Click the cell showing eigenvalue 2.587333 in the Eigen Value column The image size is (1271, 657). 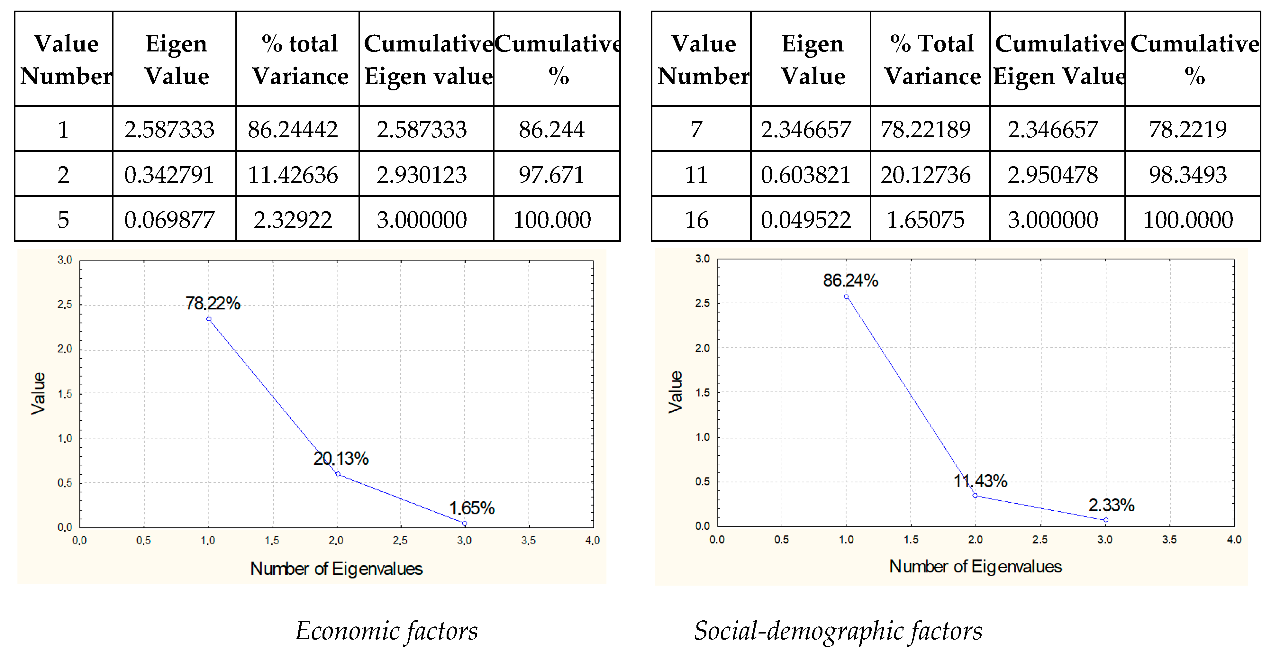(169, 129)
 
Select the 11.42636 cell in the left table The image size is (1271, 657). (293, 175)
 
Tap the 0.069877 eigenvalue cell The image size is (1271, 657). (169, 220)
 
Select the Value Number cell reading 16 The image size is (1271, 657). (696, 220)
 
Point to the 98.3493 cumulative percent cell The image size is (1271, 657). (1188, 175)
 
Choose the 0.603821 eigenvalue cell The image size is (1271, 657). (806, 175)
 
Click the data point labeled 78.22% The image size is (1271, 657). (209, 319)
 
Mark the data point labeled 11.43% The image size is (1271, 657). (975, 495)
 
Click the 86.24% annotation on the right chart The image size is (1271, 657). (851, 280)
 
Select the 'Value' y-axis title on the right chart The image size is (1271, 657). (676, 392)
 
